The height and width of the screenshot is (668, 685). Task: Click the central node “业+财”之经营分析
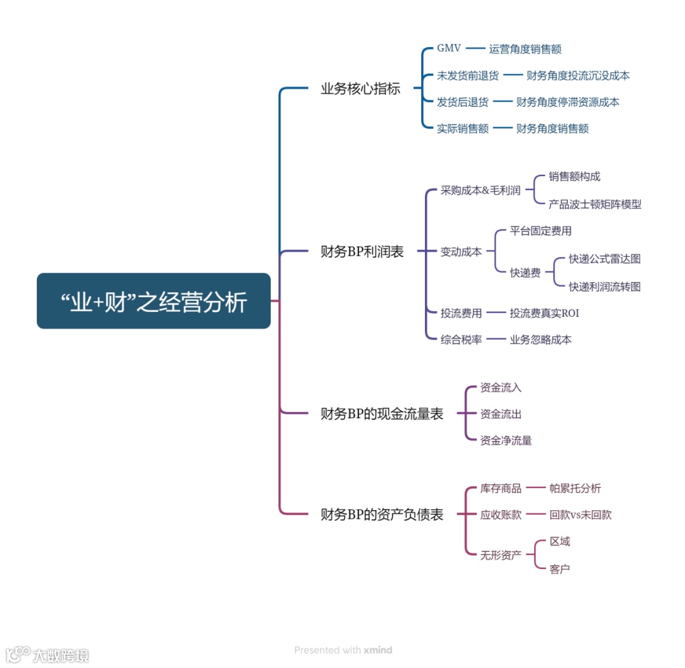[x=153, y=301]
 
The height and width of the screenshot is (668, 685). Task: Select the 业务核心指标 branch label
[x=360, y=89]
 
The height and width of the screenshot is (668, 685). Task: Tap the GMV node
[x=449, y=49]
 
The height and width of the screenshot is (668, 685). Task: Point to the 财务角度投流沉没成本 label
[x=578, y=75]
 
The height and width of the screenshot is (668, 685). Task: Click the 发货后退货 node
[x=462, y=102]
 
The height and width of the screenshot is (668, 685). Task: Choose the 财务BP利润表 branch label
[x=362, y=252]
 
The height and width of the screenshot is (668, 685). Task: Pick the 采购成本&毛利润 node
[x=480, y=191]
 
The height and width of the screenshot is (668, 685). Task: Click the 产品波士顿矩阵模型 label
[x=595, y=204]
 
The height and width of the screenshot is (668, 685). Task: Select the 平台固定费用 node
[x=540, y=231]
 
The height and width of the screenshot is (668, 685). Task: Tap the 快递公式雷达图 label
[x=604, y=259]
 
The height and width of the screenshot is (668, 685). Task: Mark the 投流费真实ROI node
[x=544, y=313]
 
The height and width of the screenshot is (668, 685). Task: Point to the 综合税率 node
[x=461, y=340]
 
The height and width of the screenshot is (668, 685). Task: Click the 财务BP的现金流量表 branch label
[x=382, y=414]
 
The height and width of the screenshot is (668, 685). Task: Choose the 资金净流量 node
[x=506, y=440]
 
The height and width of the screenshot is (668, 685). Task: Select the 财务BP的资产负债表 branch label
[x=382, y=515]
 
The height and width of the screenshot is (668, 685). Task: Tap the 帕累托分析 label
[x=575, y=488]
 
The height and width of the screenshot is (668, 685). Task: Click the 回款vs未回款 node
[x=580, y=515]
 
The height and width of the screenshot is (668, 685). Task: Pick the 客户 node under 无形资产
[x=559, y=568]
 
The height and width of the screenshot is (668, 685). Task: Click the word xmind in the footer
[x=378, y=650]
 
